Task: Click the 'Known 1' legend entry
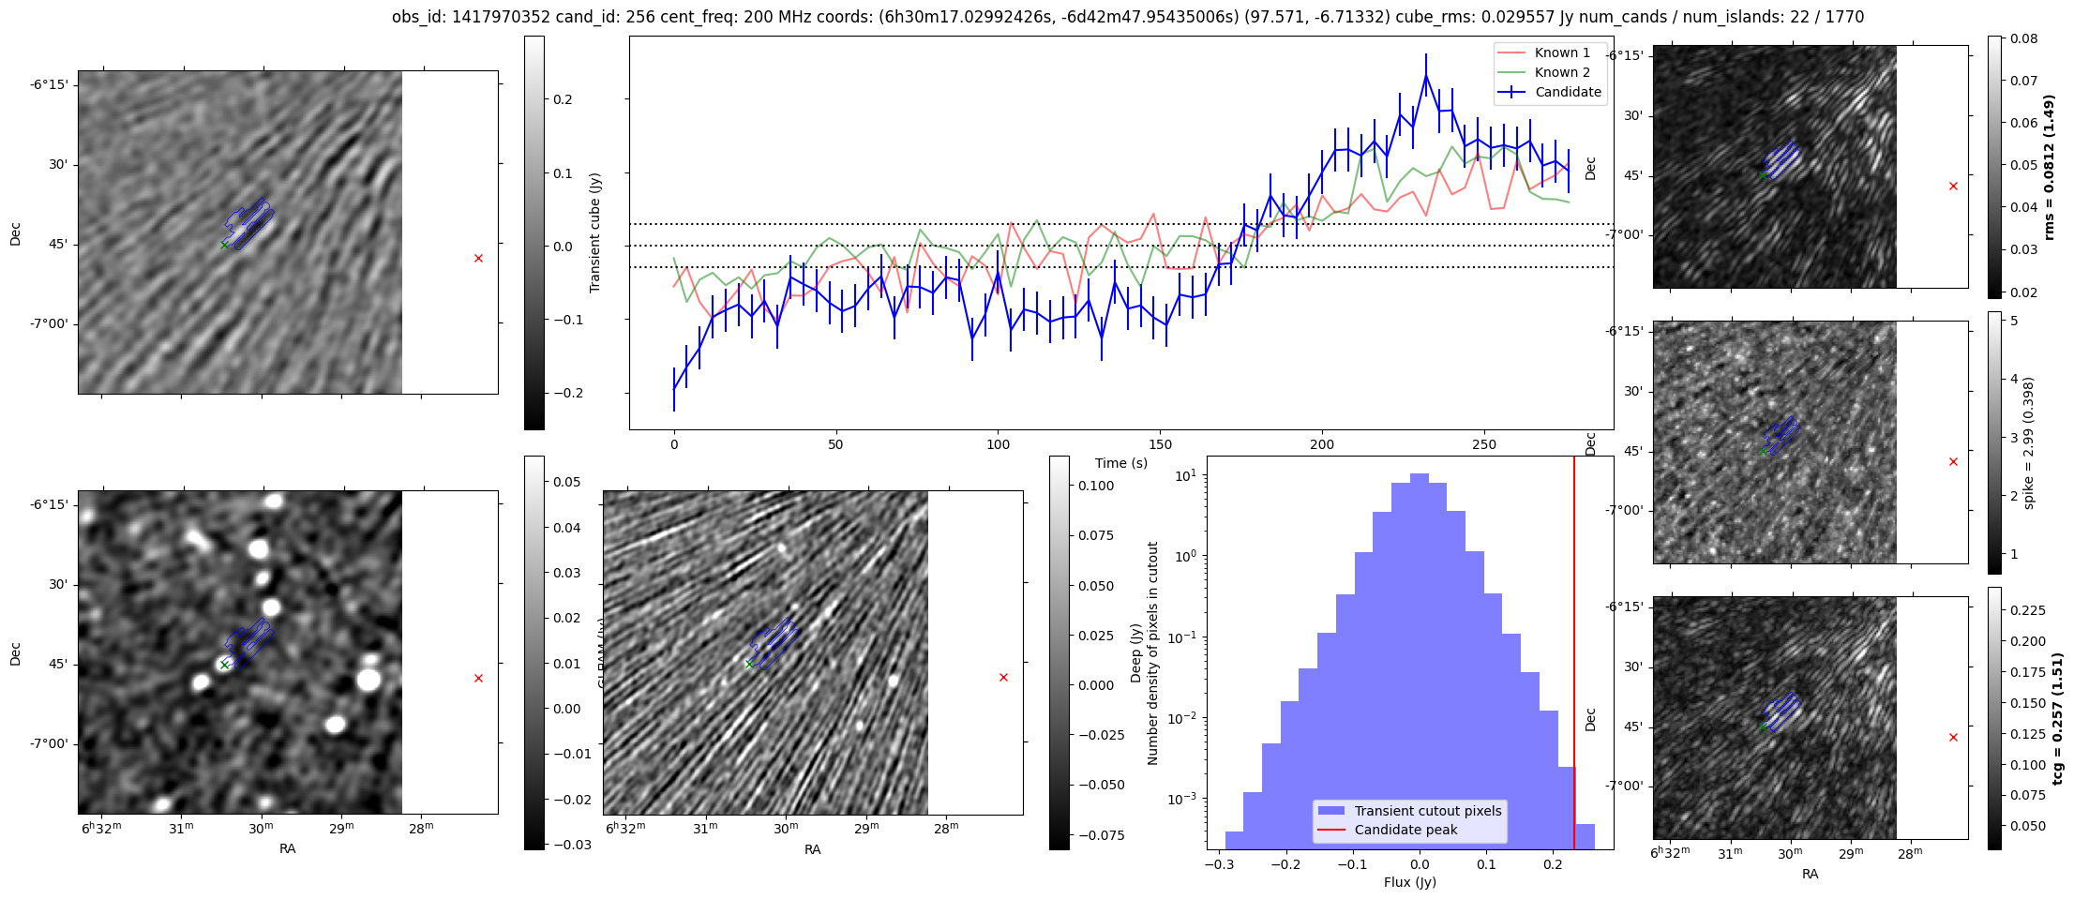(1561, 52)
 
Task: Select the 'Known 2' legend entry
(1561, 72)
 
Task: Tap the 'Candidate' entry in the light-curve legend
(1568, 92)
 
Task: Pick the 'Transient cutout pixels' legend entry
(1427, 811)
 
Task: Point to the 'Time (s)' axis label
(1120, 463)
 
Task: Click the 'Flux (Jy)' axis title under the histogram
(1409, 882)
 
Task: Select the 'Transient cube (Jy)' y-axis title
(594, 232)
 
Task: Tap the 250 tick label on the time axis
(1483, 444)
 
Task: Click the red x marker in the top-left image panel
(478, 258)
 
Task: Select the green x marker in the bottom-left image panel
(224, 665)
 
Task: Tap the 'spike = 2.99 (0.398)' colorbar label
(2029, 442)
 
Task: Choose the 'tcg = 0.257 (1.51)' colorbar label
(2057, 718)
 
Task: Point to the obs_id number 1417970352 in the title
(497, 17)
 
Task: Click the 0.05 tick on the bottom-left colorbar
(566, 482)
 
